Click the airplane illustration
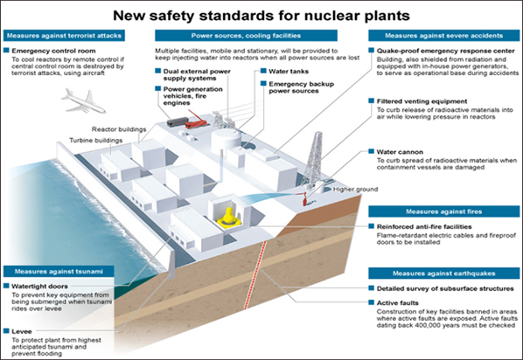pyautogui.click(x=83, y=100)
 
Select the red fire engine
pyautogui.click(x=197, y=121)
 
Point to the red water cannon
pyautogui.click(x=305, y=200)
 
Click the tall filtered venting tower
pyautogui.click(x=315, y=160)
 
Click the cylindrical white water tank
pyautogui.click(x=226, y=139)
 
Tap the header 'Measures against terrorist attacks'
pyautogui.click(x=64, y=36)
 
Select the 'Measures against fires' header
pyautogui.click(x=443, y=211)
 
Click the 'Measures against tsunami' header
pyautogui.click(x=59, y=272)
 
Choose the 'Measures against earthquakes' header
pyautogui.click(x=443, y=273)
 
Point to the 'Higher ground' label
pyautogui.click(x=356, y=190)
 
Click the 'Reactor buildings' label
pyautogui.click(x=119, y=129)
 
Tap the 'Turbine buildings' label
pyautogui.click(x=95, y=141)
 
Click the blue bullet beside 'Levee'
pyautogui.click(x=6, y=330)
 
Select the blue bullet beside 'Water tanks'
pyautogui.click(x=263, y=71)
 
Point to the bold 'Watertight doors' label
pyautogui.click(x=39, y=287)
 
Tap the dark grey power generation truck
pyautogui.click(x=178, y=121)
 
